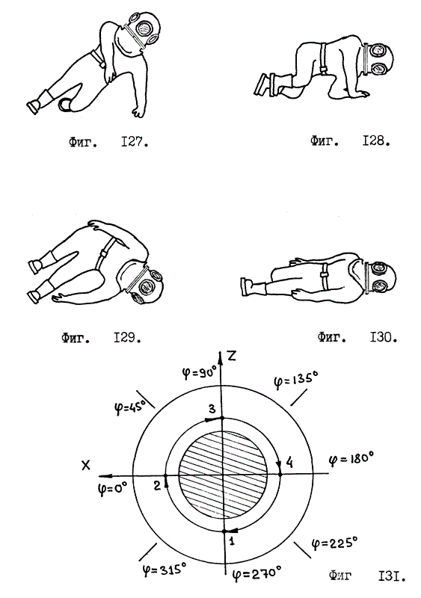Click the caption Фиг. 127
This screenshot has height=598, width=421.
(108, 143)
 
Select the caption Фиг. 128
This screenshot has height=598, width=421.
(350, 141)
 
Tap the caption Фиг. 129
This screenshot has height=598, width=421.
(101, 338)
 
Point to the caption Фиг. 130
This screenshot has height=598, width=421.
(357, 337)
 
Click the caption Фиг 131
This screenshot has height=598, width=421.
(367, 576)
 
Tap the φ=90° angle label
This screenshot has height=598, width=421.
(199, 372)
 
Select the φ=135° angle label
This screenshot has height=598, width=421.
(296, 381)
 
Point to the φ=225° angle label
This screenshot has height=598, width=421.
(335, 543)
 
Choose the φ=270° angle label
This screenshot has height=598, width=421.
(256, 572)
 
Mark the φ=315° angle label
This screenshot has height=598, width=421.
(164, 570)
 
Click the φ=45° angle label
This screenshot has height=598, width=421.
(131, 407)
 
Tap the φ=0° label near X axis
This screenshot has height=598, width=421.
(111, 489)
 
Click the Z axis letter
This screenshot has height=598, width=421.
(231, 356)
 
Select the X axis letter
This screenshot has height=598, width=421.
(86, 465)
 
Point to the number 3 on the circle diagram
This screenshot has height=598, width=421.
(212, 409)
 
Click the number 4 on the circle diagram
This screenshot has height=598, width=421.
(289, 463)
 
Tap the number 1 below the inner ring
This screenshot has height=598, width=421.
(232, 540)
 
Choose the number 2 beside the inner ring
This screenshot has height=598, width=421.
(157, 485)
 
